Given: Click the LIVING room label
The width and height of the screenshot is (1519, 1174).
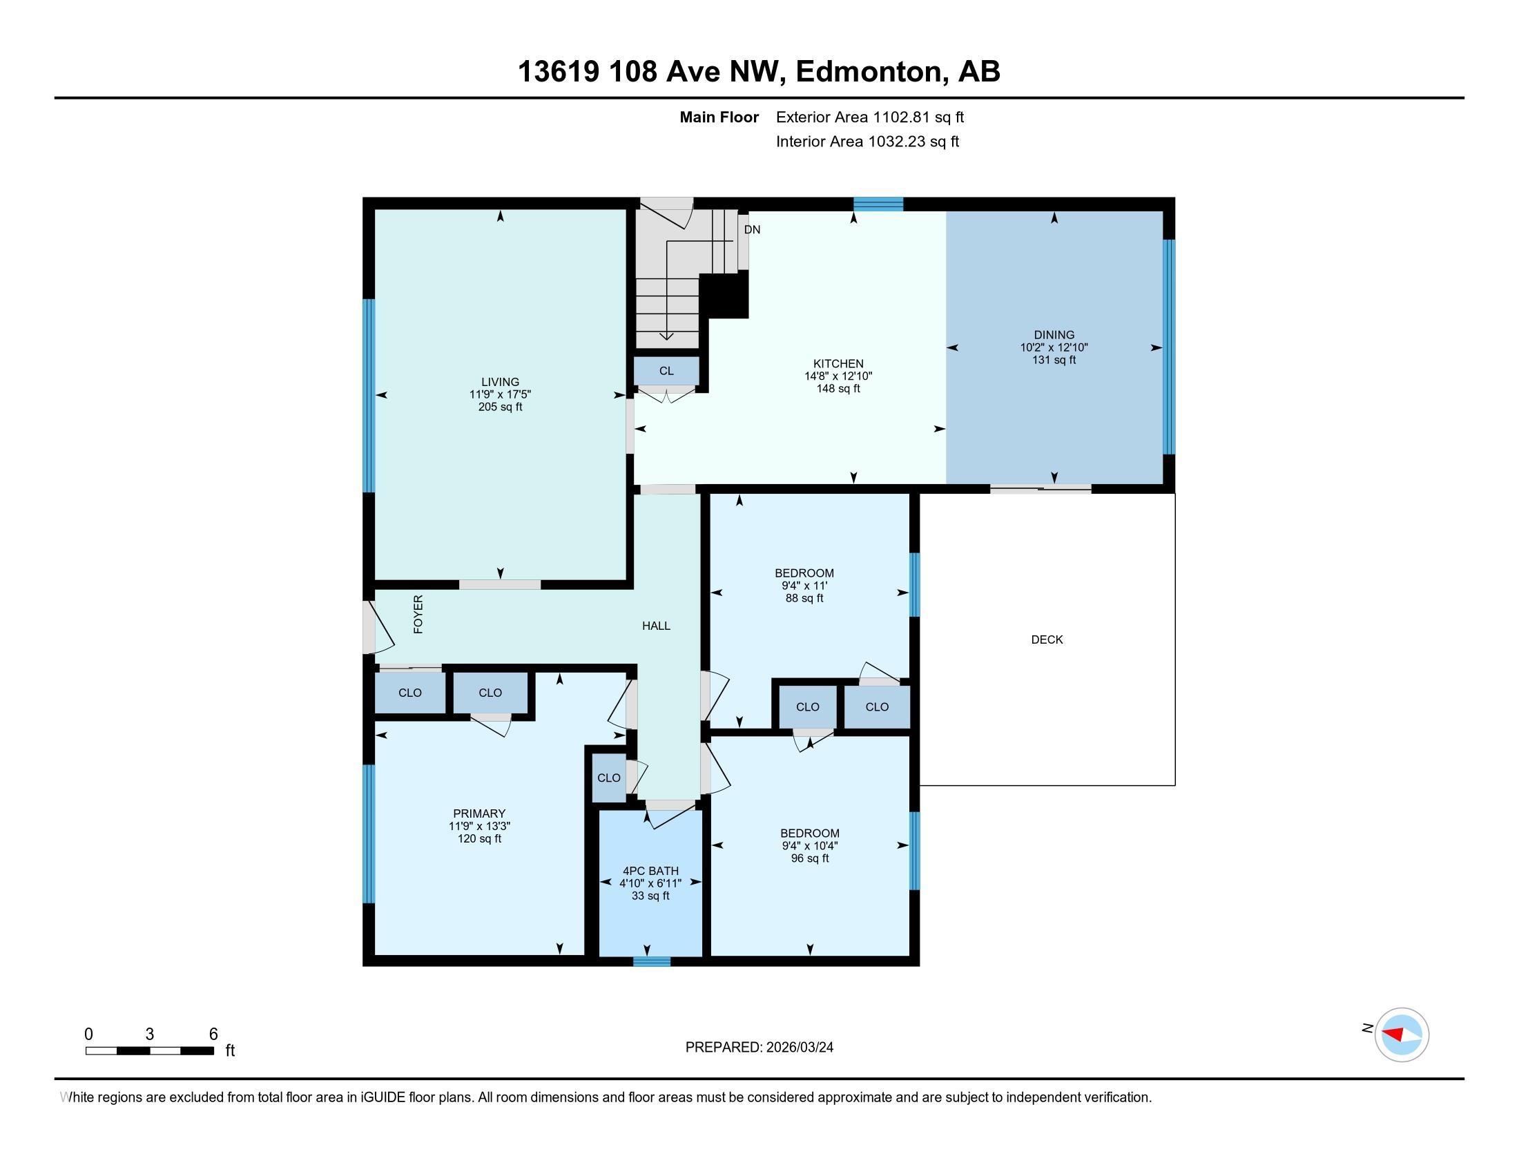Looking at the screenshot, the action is tap(500, 382).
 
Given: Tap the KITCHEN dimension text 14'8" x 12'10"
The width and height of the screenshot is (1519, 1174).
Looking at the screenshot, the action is tap(838, 376).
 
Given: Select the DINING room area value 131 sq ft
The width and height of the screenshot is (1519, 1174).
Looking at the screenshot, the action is tap(1054, 360).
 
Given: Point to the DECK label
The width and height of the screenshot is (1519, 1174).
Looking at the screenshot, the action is tap(1047, 639).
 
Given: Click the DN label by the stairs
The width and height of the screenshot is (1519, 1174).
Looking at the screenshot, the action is tap(752, 229).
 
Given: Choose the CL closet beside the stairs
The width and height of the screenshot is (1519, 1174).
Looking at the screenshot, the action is tap(666, 371).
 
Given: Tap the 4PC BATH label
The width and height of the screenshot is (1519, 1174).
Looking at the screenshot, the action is tap(650, 871).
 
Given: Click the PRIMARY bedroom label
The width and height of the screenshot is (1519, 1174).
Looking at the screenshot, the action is tap(479, 814).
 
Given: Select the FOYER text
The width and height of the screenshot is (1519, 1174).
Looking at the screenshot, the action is tap(418, 614).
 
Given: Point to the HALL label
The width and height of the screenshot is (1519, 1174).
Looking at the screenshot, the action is tap(656, 626).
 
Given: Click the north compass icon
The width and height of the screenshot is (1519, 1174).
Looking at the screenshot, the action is tap(1402, 1035).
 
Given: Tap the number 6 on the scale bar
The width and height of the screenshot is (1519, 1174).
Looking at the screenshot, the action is tap(213, 1035).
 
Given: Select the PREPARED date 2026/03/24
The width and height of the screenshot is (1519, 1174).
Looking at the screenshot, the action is tap(800, 1048).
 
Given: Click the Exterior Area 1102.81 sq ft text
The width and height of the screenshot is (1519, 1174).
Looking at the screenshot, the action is tap(870, 117).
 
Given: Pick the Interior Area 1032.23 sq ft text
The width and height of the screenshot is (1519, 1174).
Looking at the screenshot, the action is tap(867, 141).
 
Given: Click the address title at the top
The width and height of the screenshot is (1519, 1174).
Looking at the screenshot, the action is tap(759, 71).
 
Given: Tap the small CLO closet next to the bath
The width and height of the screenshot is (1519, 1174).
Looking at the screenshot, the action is tap(608, 778).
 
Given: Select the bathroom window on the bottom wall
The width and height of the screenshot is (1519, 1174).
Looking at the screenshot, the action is tap(652, 962).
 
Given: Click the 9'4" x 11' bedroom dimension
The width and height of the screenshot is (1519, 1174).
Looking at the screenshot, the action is tap(804, 586).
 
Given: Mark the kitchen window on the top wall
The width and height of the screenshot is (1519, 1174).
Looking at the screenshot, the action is tap(878, 204).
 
